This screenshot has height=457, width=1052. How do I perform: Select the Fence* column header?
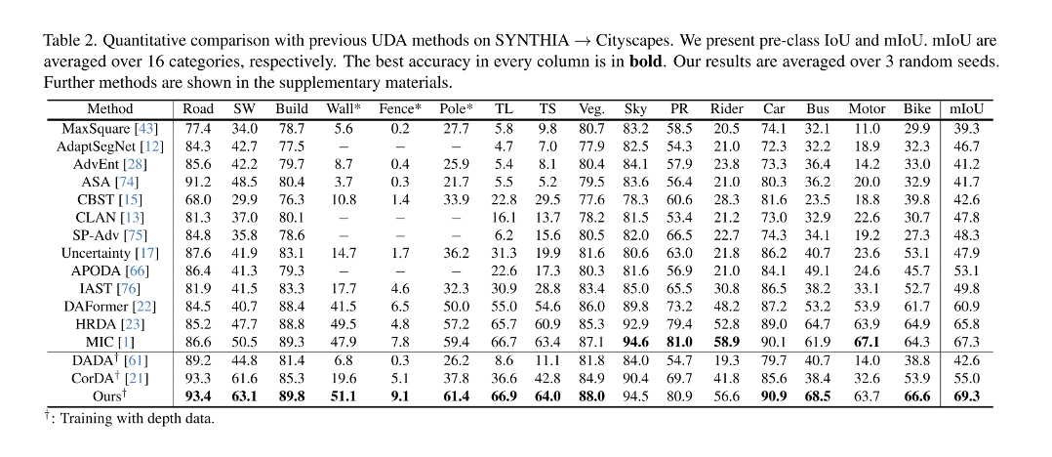[400, 109]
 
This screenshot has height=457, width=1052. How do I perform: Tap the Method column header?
[109, 109]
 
